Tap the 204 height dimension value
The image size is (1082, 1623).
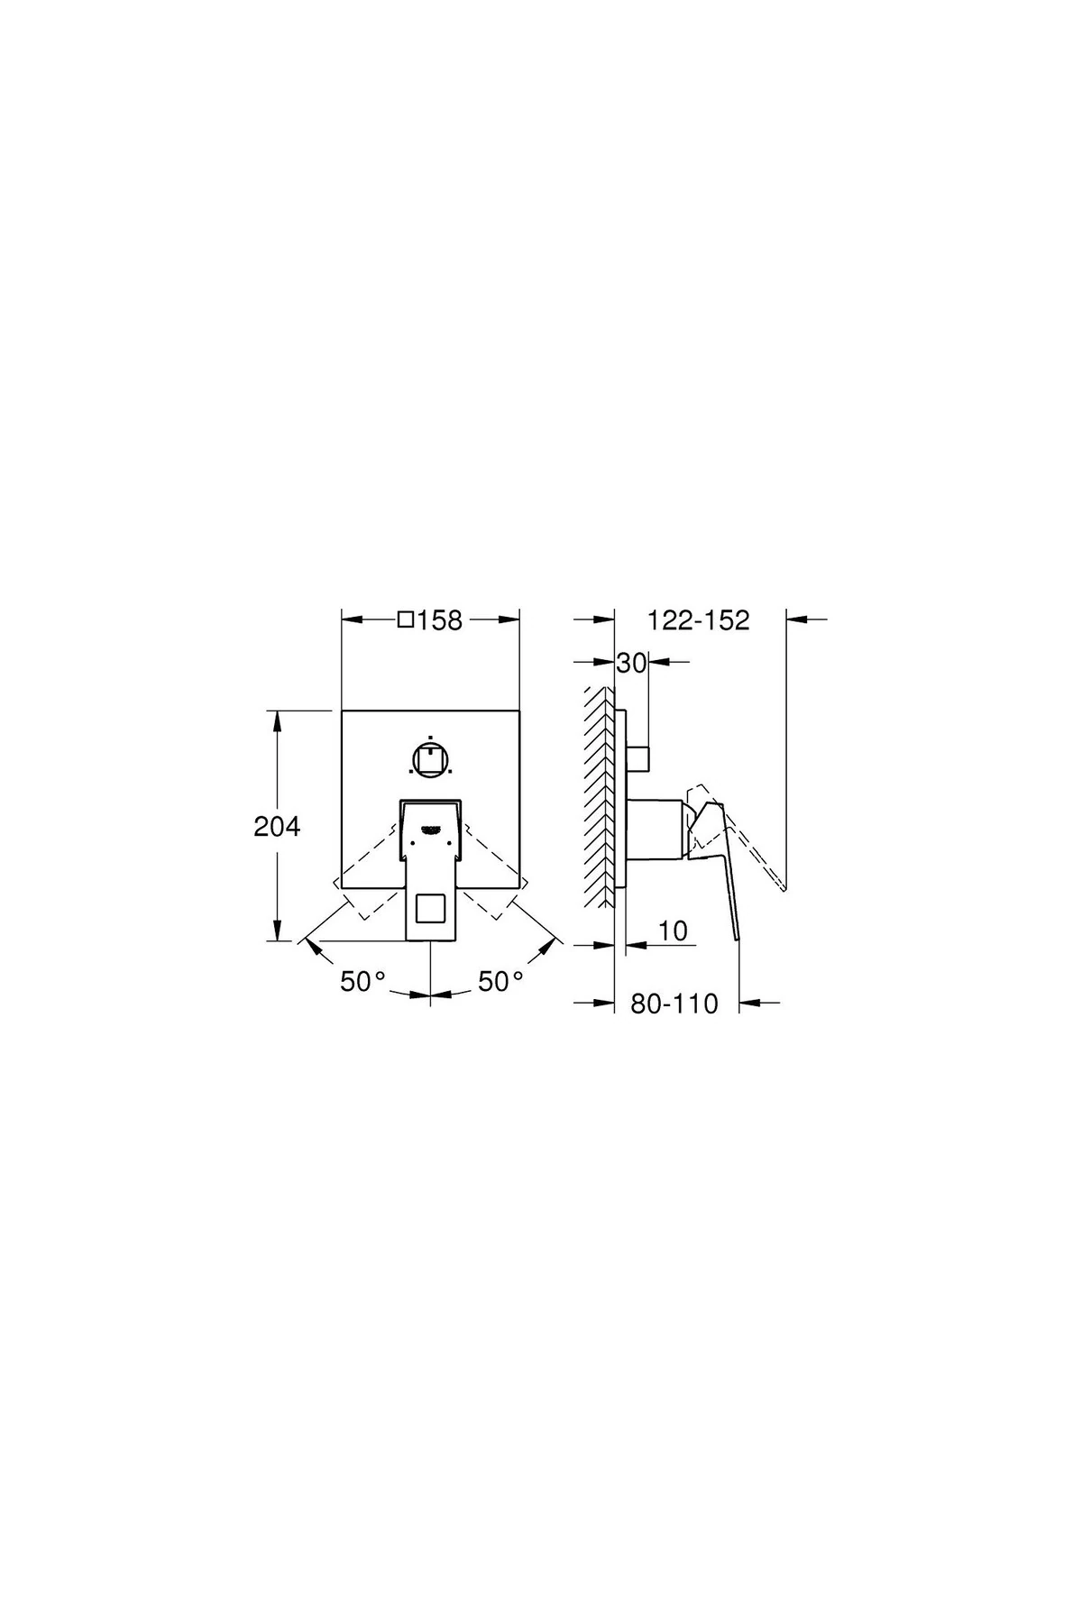(x=277, y=826)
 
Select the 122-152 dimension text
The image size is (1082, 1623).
(x=699, y=620)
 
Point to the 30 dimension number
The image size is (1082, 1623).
(x=632, y=664)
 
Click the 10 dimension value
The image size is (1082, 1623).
(x=673, y=931)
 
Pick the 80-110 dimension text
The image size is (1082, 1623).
(x=674, y=1004)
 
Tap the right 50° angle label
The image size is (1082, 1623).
(x=500, y=981)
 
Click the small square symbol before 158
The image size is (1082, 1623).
(x=406, y=620)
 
